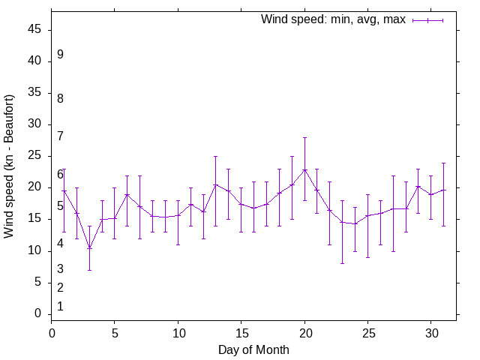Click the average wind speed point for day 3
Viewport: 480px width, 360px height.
[89, 248]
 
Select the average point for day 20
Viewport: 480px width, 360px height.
[304, 170]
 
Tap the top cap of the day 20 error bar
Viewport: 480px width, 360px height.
[304, 137]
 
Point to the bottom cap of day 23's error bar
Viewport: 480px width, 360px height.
[343, 263]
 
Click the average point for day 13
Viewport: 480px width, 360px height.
[216, 184]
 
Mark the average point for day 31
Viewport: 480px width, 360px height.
[443, 190]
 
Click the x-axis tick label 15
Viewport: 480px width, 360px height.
[241, 332]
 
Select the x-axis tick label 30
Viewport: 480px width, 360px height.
[431, 332]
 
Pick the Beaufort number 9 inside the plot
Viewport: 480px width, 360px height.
[60, 55]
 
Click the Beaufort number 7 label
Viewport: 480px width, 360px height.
[60, 136]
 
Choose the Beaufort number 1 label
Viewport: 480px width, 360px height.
[60, 307]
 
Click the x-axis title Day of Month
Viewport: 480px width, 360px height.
[253, 349]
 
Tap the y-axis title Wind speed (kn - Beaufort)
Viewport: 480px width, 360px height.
[10, 166]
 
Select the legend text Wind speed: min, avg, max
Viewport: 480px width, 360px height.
[333, 19]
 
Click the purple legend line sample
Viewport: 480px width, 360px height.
[427, 20]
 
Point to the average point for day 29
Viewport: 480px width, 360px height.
[418, 187]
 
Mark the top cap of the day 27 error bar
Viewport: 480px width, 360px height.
[393, 175]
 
